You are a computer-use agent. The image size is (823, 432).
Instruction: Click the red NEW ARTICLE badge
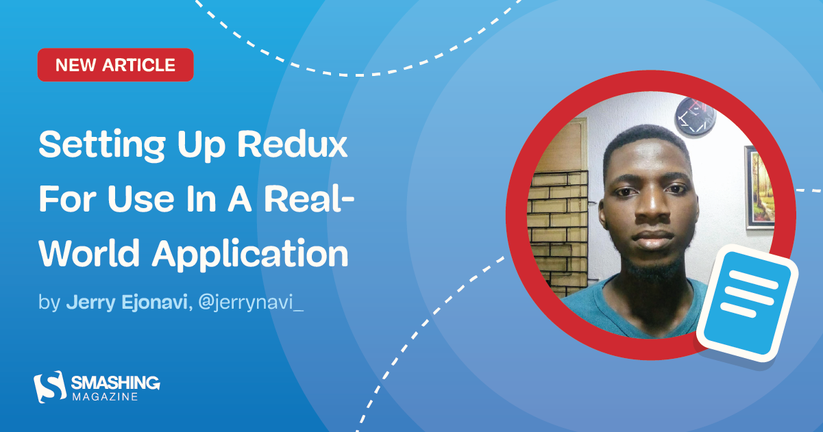click(115, 65)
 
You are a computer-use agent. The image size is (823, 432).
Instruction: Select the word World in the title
click(88, 254)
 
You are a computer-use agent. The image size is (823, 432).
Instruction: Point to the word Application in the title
click(250, 255)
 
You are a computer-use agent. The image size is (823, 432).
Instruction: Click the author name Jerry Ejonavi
click(127, 303)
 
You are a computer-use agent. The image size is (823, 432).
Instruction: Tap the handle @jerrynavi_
click(250, 303)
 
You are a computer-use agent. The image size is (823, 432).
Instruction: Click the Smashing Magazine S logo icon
click(49, 387)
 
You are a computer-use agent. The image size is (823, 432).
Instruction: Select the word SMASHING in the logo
click(115, 382)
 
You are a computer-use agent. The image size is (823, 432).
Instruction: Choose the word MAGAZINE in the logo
click(104, 396)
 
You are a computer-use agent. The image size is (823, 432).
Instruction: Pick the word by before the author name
click(49, 303)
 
